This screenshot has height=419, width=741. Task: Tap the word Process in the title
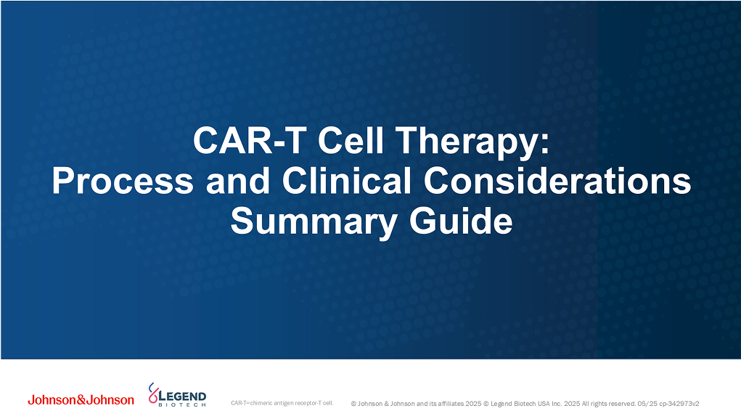pos(122,181)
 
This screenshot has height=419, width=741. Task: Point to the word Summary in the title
pos(306,221)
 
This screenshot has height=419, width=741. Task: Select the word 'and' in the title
pos(234,181)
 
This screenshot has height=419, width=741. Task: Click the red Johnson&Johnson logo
pos(81,400)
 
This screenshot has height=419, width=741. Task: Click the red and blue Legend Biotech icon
pos(152,394)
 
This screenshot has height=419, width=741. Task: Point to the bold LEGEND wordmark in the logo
pos(182,395)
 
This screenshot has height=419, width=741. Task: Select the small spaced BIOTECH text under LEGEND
pos(181,404)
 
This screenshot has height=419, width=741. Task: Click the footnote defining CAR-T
pos(281,402)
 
